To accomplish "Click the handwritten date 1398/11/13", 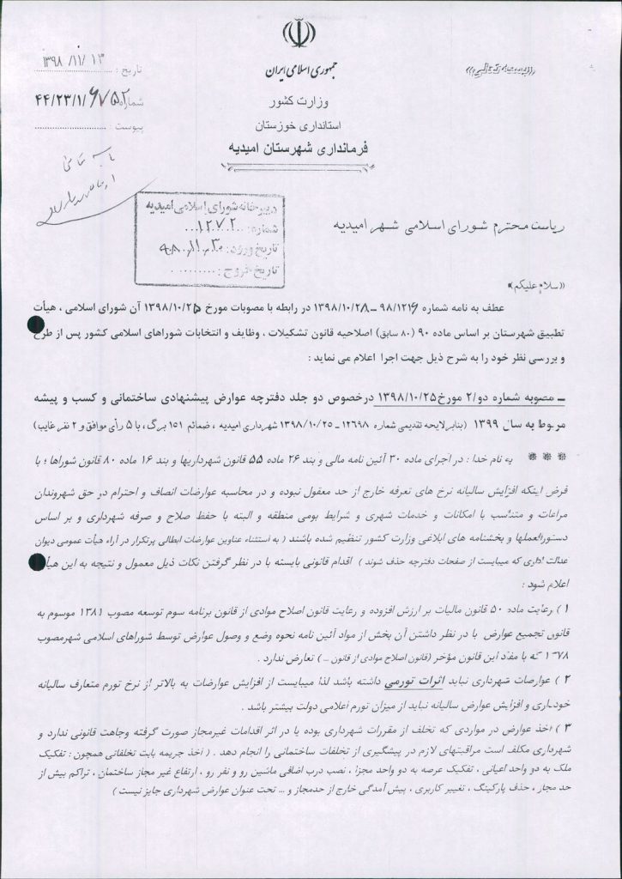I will (x=76, y=64).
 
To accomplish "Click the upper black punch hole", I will (x=37, y=323).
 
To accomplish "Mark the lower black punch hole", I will (x=37, y=563).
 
